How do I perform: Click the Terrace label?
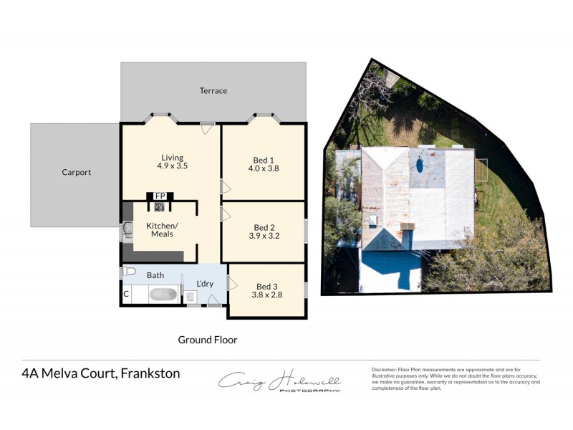[213, 91]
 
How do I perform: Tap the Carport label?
[76, 172]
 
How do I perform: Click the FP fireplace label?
[160, 196]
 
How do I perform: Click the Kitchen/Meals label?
[162, 229]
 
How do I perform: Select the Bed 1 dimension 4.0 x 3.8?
[264, 169]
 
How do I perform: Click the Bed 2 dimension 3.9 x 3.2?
[264, 235]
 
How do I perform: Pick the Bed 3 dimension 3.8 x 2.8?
[266, 294]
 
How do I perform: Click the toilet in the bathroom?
[129, 272]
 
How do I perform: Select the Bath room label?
[155, 275]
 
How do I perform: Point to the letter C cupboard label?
[126, 294]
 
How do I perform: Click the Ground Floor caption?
[207, 340]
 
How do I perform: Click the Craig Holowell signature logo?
[280, 381]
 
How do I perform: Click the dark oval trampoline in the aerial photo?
[418, 163]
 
